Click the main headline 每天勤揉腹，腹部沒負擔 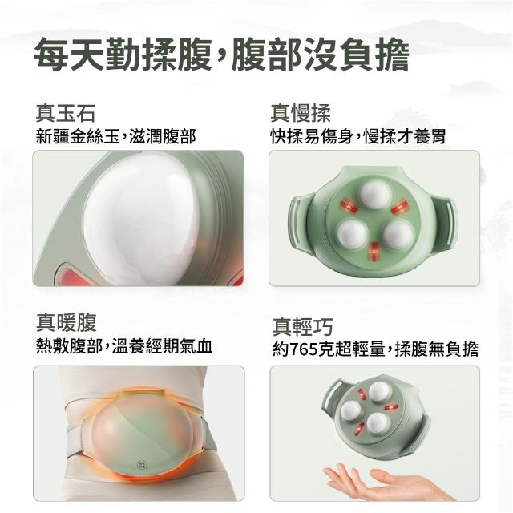(221, 55)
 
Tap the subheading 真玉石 (66, 113)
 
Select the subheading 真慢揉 (301, 113)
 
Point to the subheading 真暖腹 (66, 322)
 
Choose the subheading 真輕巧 (303, 327)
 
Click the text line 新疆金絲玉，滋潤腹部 (115, 135)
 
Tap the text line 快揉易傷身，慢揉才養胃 (358, 135)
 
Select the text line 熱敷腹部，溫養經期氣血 (124, 345)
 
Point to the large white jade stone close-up (141, 218)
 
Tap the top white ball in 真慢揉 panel (375, 194)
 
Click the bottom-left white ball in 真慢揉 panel (352, 233)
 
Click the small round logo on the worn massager (142, 465)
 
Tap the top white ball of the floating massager (379, 392)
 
